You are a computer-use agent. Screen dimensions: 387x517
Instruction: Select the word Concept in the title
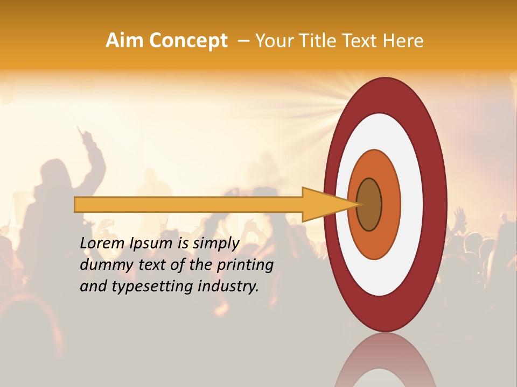click(188, 41)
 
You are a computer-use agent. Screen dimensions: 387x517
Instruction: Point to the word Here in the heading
click(403, 41)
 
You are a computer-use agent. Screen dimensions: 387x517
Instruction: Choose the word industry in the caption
click(228, 286)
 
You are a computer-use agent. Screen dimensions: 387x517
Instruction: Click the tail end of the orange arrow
click(76, 204)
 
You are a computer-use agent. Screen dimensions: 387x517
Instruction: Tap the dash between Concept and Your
click(243, 41)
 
